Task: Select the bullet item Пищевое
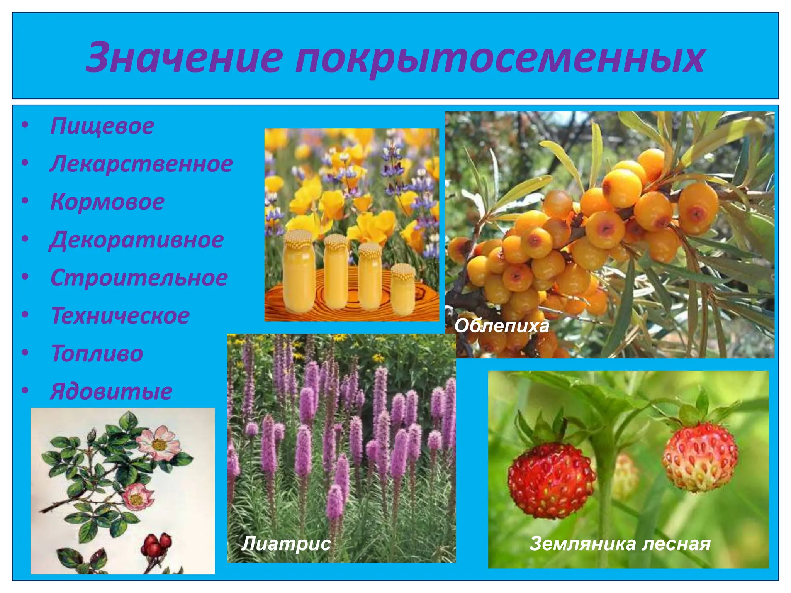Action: (x=102, y=126)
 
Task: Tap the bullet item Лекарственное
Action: (x=141, y=164)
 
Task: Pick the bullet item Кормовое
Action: (x=107, y=202)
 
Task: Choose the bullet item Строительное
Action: (x=139, y=278)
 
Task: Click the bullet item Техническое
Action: (x=120, y=315)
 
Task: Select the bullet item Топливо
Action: (x=97, y=353)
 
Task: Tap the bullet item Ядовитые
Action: (x=111, y=391)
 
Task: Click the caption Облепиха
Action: (x=501, y=326)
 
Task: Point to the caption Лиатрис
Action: (x=286, y=544)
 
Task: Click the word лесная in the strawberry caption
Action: (x=676, y=544)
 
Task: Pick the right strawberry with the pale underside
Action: (x=700, y=457)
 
